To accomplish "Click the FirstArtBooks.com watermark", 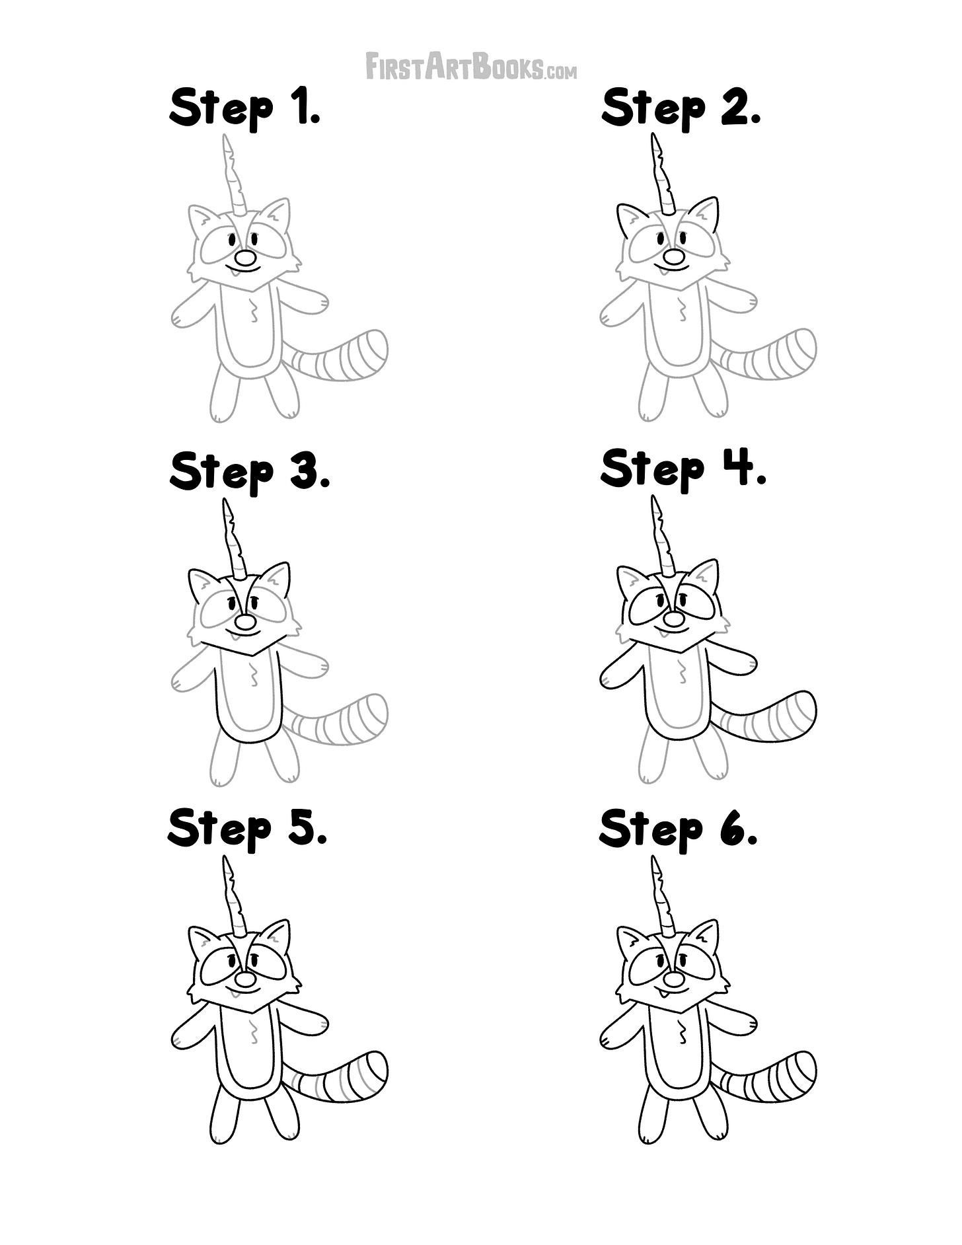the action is tap(471, 67).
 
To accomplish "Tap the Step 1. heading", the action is tap(245, 109).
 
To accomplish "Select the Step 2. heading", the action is tap(681, 109).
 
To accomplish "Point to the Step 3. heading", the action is tap(250, 472).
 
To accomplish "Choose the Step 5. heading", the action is tap(248, 829).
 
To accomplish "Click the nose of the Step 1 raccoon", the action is tap(246, 258).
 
